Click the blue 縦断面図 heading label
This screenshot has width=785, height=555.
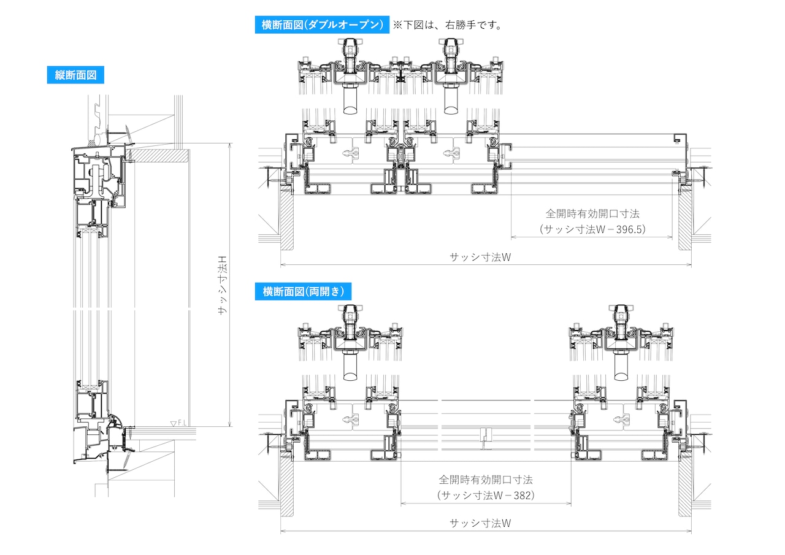tap(75, 75)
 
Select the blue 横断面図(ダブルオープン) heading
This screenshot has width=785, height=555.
tap(322, 25)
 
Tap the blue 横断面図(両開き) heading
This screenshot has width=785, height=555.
tap(303, 291)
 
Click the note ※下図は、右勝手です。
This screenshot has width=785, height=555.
tap(448, 25)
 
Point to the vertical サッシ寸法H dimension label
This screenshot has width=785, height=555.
tap(223, 285)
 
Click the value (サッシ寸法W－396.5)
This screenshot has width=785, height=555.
tap(592, 229)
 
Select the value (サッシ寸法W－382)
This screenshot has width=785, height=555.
tap(486, 495)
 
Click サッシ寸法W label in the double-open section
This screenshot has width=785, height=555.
tap(480, 257)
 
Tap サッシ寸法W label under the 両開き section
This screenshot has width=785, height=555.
tap(480, 523)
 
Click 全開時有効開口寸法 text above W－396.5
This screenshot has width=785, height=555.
tap(592, 213)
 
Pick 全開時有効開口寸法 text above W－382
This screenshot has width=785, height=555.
tap(486, 480)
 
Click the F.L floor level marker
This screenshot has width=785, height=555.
tap(178, 423)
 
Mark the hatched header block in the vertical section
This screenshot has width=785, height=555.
tap(159, 156)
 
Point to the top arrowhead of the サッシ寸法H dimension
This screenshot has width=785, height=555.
tap(230, 145)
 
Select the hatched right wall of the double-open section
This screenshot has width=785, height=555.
tap(685, 221)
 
